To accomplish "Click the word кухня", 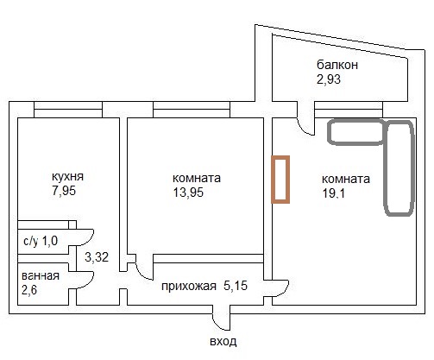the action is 67,176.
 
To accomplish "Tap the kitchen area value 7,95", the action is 64,191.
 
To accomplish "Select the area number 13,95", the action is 188,193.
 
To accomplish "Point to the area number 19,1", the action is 334,193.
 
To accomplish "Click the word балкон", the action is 337,65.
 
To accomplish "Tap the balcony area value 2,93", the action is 329,79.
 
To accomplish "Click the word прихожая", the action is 189,287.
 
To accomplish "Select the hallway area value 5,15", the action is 236,286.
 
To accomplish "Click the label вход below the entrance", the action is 223,342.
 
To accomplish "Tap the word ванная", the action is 41,276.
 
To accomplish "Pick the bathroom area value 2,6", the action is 29,290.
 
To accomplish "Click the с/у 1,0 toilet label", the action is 41,241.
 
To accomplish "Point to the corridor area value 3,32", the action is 97,257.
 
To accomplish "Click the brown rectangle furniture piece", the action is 280,180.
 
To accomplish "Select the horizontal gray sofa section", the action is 356,132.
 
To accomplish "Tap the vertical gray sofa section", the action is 399,168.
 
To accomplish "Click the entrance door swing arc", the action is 217,324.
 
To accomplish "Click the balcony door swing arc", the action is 301,129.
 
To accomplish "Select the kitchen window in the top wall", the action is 68,110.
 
